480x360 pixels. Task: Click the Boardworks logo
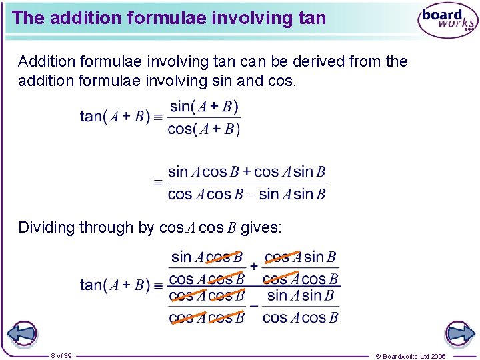click(x=447, y=21)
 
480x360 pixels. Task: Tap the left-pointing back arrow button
click(x=21, y=333)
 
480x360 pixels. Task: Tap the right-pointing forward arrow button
click(x=459, y=333)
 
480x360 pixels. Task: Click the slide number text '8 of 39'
click(x=61, y=355)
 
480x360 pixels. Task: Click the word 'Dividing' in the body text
click(x=46, y=228)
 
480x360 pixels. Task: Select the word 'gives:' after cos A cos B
click(x=261, y=228)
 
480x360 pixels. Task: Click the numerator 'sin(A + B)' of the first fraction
click(x=204, y=107)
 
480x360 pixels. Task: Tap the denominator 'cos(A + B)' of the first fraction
click(x=204, y=129)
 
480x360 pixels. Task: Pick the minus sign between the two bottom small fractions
click(x=253, y=306)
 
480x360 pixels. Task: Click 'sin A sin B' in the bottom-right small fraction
click(x=300, y=295)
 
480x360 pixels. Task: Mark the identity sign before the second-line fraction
click(x=158, y=182)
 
